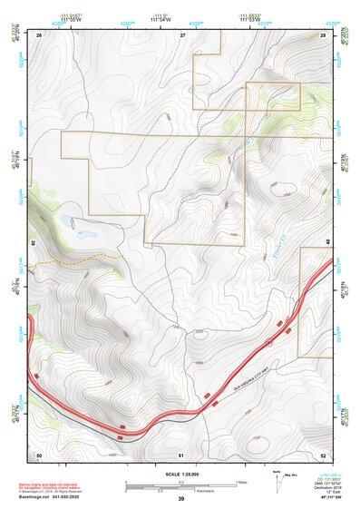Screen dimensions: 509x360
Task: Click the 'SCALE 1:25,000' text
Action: pyautogui.click(x=180, y=474)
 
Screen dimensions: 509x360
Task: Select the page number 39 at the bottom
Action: pyautogui.click(x=180, y=499)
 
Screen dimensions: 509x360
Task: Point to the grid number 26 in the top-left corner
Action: pyautogui.click(x=39, y=34)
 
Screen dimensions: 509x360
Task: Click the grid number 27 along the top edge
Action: pyautogui.click(x=182, y=34)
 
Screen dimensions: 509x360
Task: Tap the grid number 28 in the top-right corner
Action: pyautogui.click(x=323, y=34)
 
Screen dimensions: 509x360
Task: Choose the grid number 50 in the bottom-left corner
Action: pyautogui.click(x=39, y=454)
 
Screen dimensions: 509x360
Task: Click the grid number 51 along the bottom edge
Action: pyautogui.click(x=182, y=454)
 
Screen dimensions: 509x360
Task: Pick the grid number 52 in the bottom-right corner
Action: pyautogui.click(x=323, y=454)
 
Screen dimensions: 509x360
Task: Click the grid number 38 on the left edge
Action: pyautogui.click(x=33, y=243)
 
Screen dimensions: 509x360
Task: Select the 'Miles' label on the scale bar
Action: pyautogui.click(x=240, y=481)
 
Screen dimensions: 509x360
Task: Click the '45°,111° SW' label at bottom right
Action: pyautogui.click(x=331, y=498)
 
